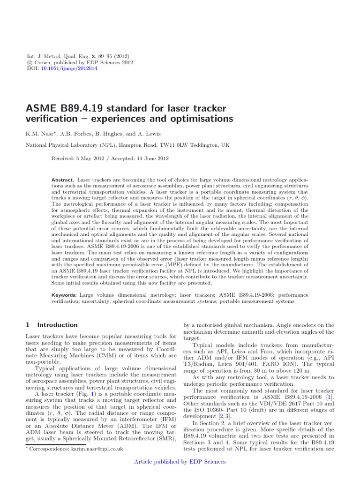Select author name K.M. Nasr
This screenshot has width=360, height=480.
click(40, 134)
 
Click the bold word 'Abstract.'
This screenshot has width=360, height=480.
click(63, 180)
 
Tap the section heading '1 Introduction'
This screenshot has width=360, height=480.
click(51, 325)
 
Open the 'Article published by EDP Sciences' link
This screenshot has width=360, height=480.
click(180, 462)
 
